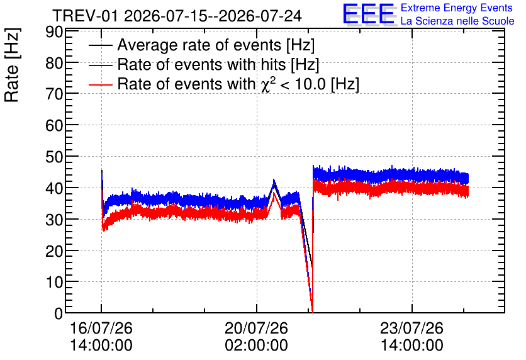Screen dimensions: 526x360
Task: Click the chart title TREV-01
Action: (x=85, y=16)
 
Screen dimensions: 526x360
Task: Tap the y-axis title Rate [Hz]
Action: (x=12, y=65)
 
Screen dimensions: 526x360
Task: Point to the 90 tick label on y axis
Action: (x=54, y=32)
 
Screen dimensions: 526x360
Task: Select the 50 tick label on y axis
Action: (x=54, y=157)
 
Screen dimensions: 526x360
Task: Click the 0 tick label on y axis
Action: (x=59, y=313)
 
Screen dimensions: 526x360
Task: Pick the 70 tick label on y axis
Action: (x=54, y=94)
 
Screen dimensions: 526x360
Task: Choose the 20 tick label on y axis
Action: (x=54, y=251)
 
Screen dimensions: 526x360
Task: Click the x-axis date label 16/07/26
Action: (x=101, y=328)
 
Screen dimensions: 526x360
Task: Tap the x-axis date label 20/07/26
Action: (x=256, y=328)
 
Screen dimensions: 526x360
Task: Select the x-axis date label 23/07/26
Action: (x=411, y=328)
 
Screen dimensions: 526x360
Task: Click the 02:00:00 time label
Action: (x=256, y=346)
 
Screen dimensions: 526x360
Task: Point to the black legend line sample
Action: (x=100, y=45)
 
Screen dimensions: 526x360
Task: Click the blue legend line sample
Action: (x=100, y=65)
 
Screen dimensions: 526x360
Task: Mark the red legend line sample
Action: (x=100, y=84)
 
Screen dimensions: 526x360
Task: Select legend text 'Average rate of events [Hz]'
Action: (x=216, y=45)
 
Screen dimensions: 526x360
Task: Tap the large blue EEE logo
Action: (x=369, y=14)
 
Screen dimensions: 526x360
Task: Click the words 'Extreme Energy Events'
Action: (x=457, y=8)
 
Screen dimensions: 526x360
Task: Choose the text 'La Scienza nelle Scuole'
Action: (x=457, y=21)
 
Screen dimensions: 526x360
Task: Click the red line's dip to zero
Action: (x=312, y=312)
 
